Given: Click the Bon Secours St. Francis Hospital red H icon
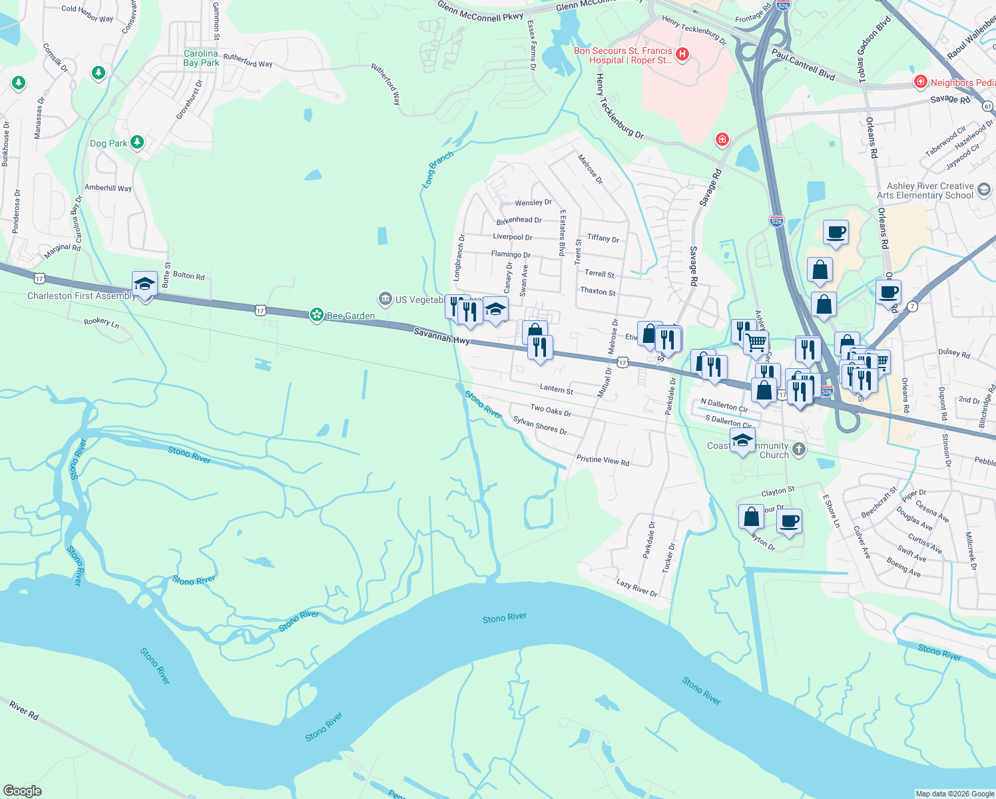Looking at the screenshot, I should pos(682,55).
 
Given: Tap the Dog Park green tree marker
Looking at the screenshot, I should pos(137,142).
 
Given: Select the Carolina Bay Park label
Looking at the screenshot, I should pos(201,58).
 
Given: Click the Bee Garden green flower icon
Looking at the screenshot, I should pos(318,315).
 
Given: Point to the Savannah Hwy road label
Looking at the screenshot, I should pos(441,336).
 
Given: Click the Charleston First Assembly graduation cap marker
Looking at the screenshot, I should pos(144,284).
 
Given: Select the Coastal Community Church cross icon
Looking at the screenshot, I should pos(799,449).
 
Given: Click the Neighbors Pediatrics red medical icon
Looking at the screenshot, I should pos(921,82).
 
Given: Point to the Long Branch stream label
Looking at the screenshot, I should pos(438,169).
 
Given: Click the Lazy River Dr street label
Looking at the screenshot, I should pos(636,588).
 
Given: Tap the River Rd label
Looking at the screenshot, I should pos(24,710).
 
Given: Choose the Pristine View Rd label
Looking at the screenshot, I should pos(603,460).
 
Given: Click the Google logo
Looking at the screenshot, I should pos(23,790).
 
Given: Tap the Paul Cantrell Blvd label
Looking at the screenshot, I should pos(803,64).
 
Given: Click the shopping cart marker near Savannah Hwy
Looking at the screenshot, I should pos(756,343).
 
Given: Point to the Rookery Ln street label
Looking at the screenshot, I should pos(101,322).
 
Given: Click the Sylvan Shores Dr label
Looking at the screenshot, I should pos(539,425).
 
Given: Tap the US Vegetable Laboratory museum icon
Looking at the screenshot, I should pos(384,299).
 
